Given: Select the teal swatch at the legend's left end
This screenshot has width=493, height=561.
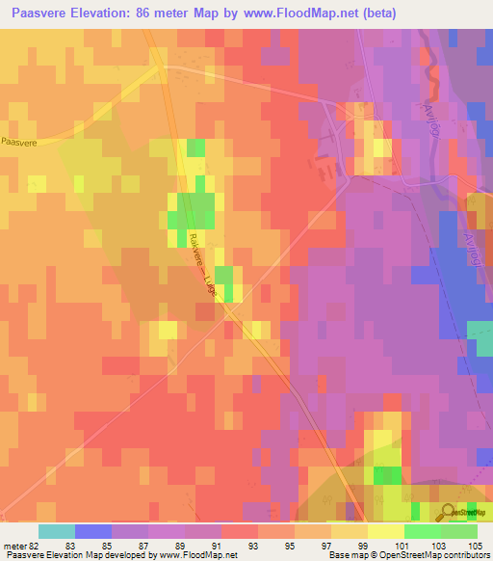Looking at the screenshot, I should (57, 531).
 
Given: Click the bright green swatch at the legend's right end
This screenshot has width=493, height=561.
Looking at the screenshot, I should (458, 531).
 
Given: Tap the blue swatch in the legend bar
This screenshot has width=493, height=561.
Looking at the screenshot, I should (93, 531).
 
